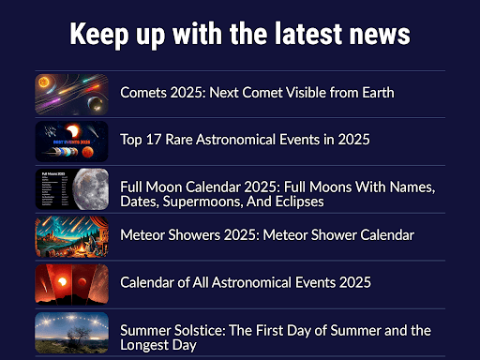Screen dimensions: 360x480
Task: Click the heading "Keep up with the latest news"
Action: (240, 34)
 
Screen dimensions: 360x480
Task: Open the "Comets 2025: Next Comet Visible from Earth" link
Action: (256, 92)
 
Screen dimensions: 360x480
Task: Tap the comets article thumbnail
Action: (71, 93)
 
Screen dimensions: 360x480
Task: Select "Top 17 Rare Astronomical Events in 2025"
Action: (245, 140)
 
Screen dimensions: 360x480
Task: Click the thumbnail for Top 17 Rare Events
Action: (71, 141)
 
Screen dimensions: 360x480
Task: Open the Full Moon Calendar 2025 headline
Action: (277, 194)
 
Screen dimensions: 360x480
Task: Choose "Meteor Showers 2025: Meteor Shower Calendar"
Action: (267, 235)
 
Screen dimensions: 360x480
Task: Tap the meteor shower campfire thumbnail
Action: (71, 236)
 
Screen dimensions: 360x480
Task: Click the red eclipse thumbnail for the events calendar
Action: (71, 283)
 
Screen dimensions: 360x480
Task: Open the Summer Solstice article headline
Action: (275, 337)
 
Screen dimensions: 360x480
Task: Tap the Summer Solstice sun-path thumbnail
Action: (71, 333)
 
